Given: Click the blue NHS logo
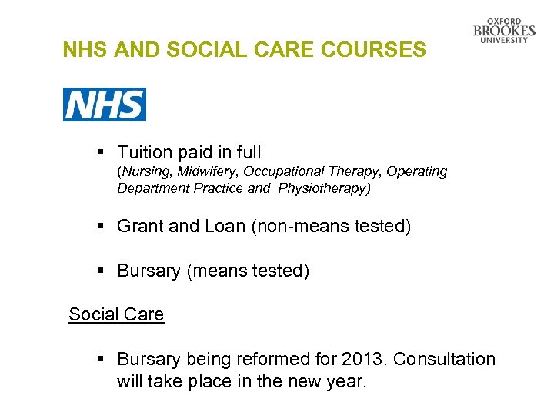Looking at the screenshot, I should pos(104,105).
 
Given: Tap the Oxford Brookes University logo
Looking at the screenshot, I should pos(505,31).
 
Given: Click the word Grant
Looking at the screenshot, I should pos(140,226).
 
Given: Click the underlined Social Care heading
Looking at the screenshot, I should pos(116,314).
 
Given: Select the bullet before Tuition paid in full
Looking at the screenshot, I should pos(102,153).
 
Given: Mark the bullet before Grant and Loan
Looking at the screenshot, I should pos(102,226).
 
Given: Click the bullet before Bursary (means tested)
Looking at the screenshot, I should pos(102,271).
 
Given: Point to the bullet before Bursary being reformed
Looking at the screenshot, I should pos(102,359).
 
